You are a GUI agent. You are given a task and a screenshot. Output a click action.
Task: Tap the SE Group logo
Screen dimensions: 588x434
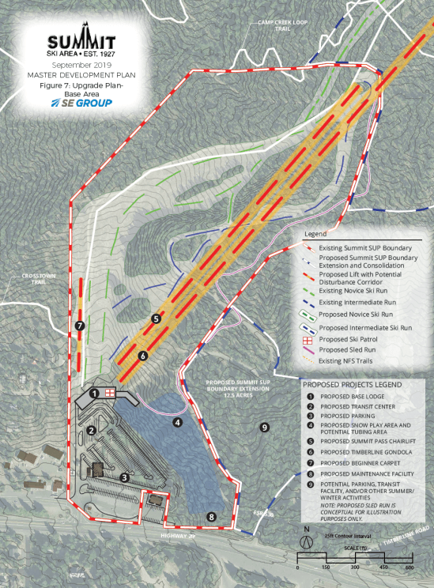coord(81,103)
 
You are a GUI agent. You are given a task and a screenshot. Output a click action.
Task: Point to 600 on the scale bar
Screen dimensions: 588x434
coord(409,568)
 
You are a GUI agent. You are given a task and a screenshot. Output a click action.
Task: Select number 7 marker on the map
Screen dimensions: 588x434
coord(79,326)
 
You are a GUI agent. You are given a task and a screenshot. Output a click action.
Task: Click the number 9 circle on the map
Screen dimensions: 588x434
coord(264,428)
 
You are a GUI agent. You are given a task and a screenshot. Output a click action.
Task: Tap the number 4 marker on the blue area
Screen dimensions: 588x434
coord(178,422)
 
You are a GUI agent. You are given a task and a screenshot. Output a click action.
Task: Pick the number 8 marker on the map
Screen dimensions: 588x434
coord(211,517)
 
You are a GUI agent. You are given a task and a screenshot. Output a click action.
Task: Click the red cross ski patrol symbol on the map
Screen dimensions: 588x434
coord(111,391)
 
